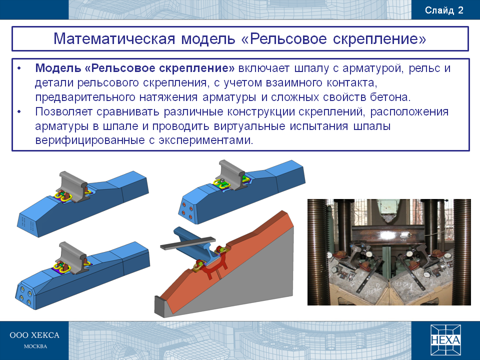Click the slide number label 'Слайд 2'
[444, 10]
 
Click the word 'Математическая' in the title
[114, 39]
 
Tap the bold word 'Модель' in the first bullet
[58, 68]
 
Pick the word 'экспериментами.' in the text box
[205, 140]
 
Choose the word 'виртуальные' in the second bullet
[250, 126]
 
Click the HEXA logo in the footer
[445, 340]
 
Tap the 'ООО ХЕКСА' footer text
[34, 335]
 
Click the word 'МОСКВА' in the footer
[35, 346]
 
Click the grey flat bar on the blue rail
[187, 242]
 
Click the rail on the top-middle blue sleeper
[232, 174]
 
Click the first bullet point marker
[19, 68]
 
